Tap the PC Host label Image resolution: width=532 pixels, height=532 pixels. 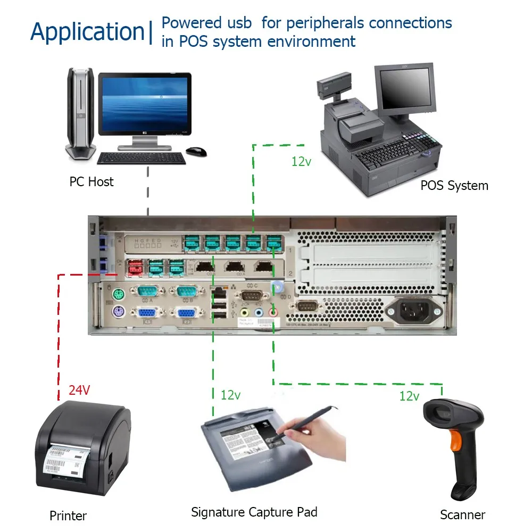(92, 182)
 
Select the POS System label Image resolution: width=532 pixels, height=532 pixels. (454, 186)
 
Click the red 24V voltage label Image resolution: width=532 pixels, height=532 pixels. (79, 390)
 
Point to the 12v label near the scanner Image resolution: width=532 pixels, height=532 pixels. (410, 396)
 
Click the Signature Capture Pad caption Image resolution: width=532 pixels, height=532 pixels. (254, 512)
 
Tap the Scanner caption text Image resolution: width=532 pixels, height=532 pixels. (462, 515)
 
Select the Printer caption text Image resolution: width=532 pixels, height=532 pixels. (68, 516)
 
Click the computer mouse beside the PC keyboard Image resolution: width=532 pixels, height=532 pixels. (196, 152)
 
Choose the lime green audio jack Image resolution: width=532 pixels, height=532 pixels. (245, 313)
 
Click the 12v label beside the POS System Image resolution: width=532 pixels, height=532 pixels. (301, 162)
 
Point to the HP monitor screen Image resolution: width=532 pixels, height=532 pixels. (146, 101)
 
